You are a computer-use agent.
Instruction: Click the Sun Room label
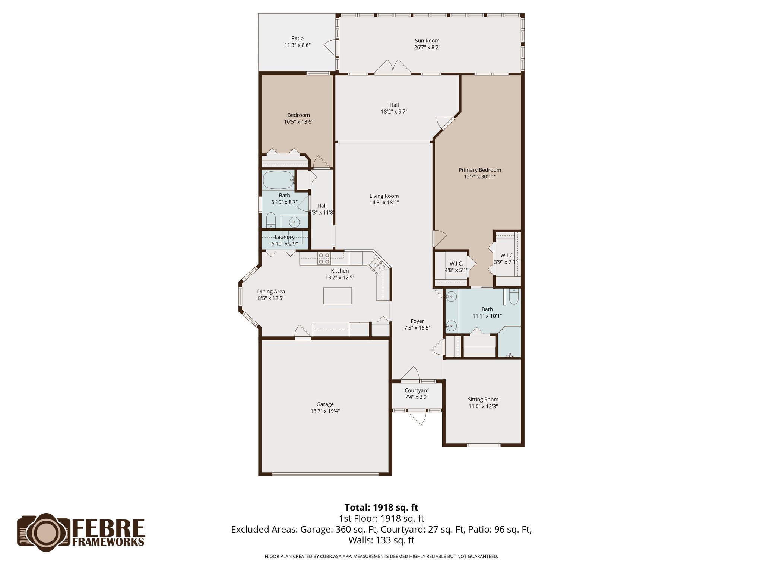[x=427, y=41]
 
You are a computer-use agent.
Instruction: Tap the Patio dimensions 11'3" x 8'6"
[x=297, y=45]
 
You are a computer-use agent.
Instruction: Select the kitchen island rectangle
[x=338, y=296]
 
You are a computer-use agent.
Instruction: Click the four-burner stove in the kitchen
[x=324, y=258]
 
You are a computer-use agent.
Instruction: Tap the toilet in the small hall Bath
[x=271, y=220]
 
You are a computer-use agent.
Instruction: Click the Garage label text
[x=325, y=404]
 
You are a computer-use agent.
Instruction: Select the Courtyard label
[x=417, y=390]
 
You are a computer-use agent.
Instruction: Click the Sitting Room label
[x=483, y=400]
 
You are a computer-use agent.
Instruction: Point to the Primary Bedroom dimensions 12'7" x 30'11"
[x=479, y=177]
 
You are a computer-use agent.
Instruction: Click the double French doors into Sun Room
[x=393, y=67]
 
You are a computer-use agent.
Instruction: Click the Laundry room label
[x=285, y=237]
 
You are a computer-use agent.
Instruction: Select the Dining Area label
[x=271, y=292]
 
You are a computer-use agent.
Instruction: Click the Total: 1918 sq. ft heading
[x=381, y=508]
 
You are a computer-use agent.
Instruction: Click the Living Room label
[x=384, y=196]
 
